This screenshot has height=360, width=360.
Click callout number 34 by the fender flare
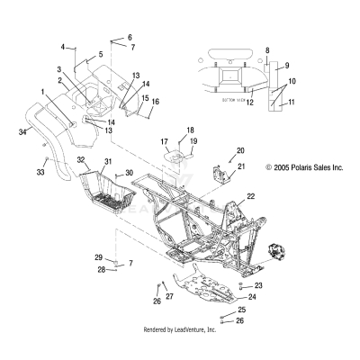coord(22,132)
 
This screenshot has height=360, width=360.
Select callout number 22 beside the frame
coord(252,195)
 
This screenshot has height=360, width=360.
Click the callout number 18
coord(190,130)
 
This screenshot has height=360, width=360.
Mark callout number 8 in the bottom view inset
coord(267,51)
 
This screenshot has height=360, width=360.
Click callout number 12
coord(250,103)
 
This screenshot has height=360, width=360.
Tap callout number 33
coord(40,172)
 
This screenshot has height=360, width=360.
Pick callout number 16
coord(155,102)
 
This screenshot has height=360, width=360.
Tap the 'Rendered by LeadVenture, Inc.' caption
coord(180,330)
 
